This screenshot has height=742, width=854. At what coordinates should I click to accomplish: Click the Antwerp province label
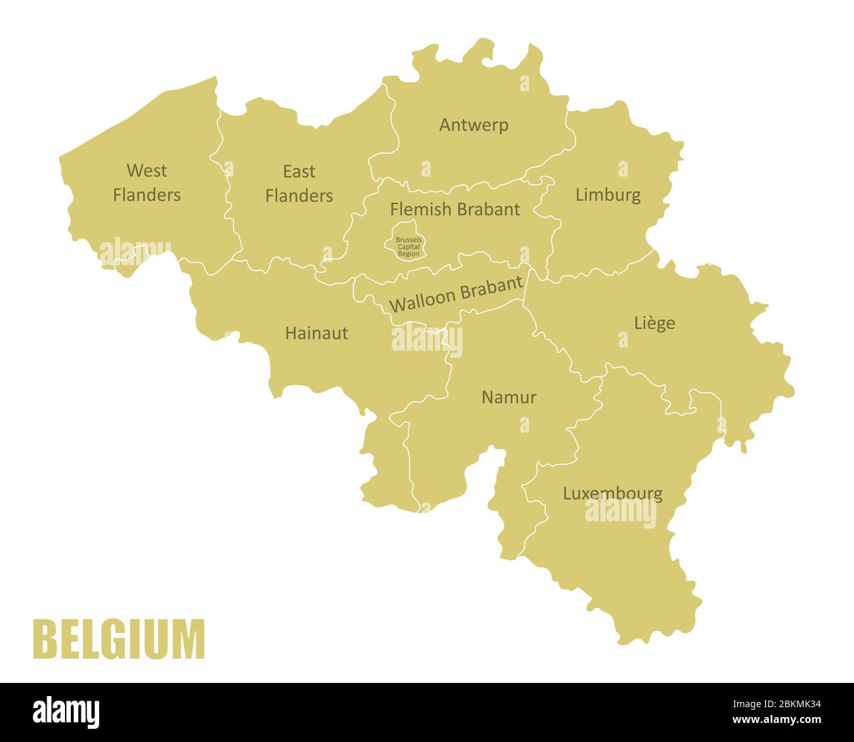pyautogui.click(x=474, y=125)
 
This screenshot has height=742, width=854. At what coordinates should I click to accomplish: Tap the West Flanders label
pyautogui.click(x=146, y=183)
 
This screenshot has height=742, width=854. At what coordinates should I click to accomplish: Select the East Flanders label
pyautogui.click(x=299, y=184)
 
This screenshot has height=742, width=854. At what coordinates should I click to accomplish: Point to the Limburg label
pyautogui.click(x=608, y=194)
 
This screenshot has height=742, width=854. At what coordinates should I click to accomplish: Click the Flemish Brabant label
pyautogui.click(x=455, y=209)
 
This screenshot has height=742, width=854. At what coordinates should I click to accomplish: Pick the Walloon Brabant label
pyautogui.click(x=456, y=294)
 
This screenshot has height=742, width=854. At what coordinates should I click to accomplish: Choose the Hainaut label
pyautogui.click(x=317, y=333)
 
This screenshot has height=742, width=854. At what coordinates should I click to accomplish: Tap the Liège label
pyautogui.click(x=654, y=322)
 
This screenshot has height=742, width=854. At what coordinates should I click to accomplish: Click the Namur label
pyautogui.click(x=509, y=397)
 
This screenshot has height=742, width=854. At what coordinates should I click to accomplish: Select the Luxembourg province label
pyautogui.click(x=612, y=493)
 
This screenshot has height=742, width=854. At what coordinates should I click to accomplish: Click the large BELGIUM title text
pyautogui.click(x=119, y=639)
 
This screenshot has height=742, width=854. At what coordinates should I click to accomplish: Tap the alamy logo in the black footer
pyautogui.click(x=66, y=712)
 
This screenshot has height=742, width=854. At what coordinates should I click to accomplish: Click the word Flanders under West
pyautogui.click(x=146, y=195)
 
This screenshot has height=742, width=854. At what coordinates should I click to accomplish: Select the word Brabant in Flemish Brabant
pyautogui.click(x=488, y=209)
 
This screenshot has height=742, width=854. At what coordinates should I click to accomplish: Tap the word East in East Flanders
pyautogui.click(x=299, y=172)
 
